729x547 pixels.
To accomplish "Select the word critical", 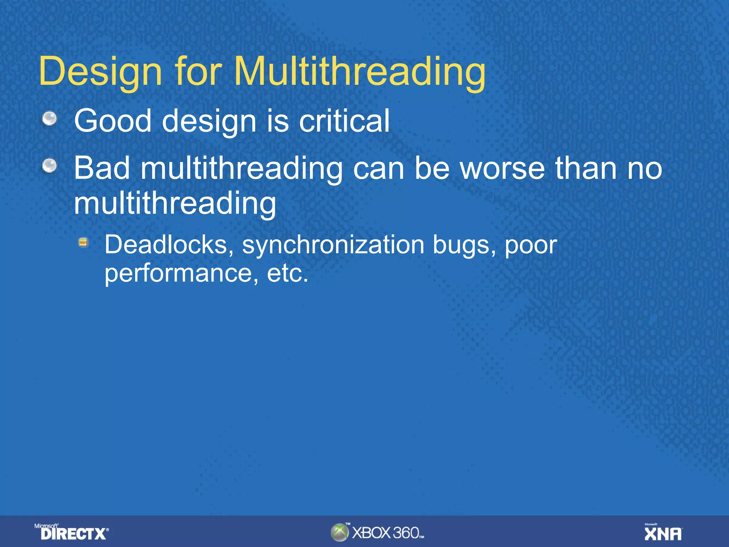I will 344,121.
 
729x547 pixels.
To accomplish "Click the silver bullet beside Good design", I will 49,119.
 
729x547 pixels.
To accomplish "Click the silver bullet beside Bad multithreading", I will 49,166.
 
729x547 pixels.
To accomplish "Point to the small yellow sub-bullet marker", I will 83,243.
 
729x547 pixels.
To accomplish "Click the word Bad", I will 102,168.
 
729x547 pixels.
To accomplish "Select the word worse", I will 502,168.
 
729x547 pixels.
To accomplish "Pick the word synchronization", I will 333,245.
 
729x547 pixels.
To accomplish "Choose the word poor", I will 531,245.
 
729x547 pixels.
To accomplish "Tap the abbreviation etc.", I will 287,273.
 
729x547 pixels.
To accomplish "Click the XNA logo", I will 663,533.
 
